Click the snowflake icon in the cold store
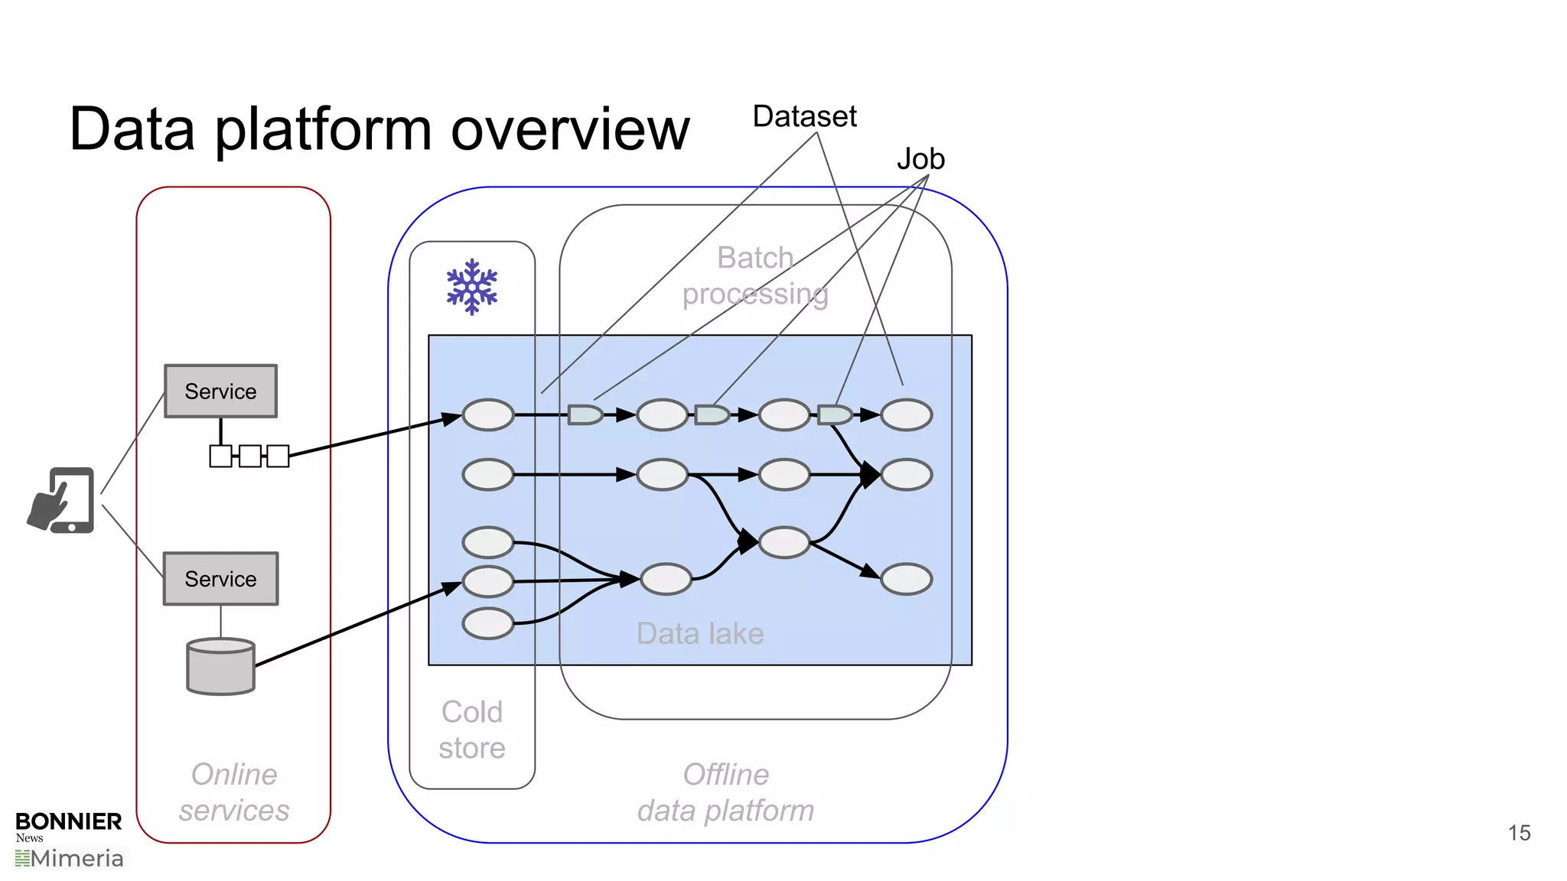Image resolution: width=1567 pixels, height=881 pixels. [x=472, y=287]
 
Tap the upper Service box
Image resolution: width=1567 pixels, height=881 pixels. [x=220, y=391]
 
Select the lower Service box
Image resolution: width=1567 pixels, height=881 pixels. [x=220, y=579]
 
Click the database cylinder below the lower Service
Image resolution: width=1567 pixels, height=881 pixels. [x=220, y=666]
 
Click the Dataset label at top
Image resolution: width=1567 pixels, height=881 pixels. [x=804, y=116]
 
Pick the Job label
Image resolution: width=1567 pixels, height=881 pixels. [x=920, y=159]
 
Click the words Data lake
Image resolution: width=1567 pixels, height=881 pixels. [x=699, y=633]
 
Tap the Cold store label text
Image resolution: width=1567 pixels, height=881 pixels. [x=472, y=730]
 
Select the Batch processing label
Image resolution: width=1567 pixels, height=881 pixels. [x=755, y=275]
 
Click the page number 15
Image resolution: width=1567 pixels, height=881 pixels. [x=1519, y=833]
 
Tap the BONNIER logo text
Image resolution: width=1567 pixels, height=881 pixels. [x=68, y=821]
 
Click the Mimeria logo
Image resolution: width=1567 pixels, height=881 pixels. [x=70, y=859]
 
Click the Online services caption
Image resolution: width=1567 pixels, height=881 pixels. [x=234, y=792]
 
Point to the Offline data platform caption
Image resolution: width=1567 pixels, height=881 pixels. [x=725, y=792]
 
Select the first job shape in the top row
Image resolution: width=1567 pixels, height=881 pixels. [x=585, y=414]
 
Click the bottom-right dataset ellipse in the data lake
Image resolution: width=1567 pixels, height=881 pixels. [x=906, y=579]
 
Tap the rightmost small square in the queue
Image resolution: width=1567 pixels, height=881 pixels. [x=278, y=456]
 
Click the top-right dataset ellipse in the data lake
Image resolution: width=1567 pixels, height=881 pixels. [x=906, y=414]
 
